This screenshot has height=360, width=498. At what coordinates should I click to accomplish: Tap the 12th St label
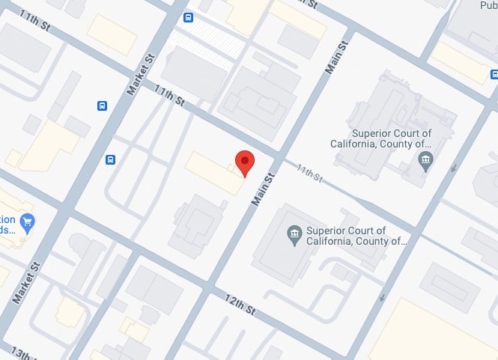click(241, 305)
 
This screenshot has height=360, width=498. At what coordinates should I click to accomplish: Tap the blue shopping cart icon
click(28, 221)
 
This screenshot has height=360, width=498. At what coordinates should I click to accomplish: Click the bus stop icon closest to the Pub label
click(494, 73)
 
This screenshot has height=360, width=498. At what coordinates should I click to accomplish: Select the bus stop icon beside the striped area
click(188, 18)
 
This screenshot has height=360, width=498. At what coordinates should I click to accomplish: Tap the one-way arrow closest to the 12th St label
click(383, 299)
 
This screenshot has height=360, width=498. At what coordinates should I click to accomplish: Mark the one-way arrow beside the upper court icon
click(453, 170)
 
